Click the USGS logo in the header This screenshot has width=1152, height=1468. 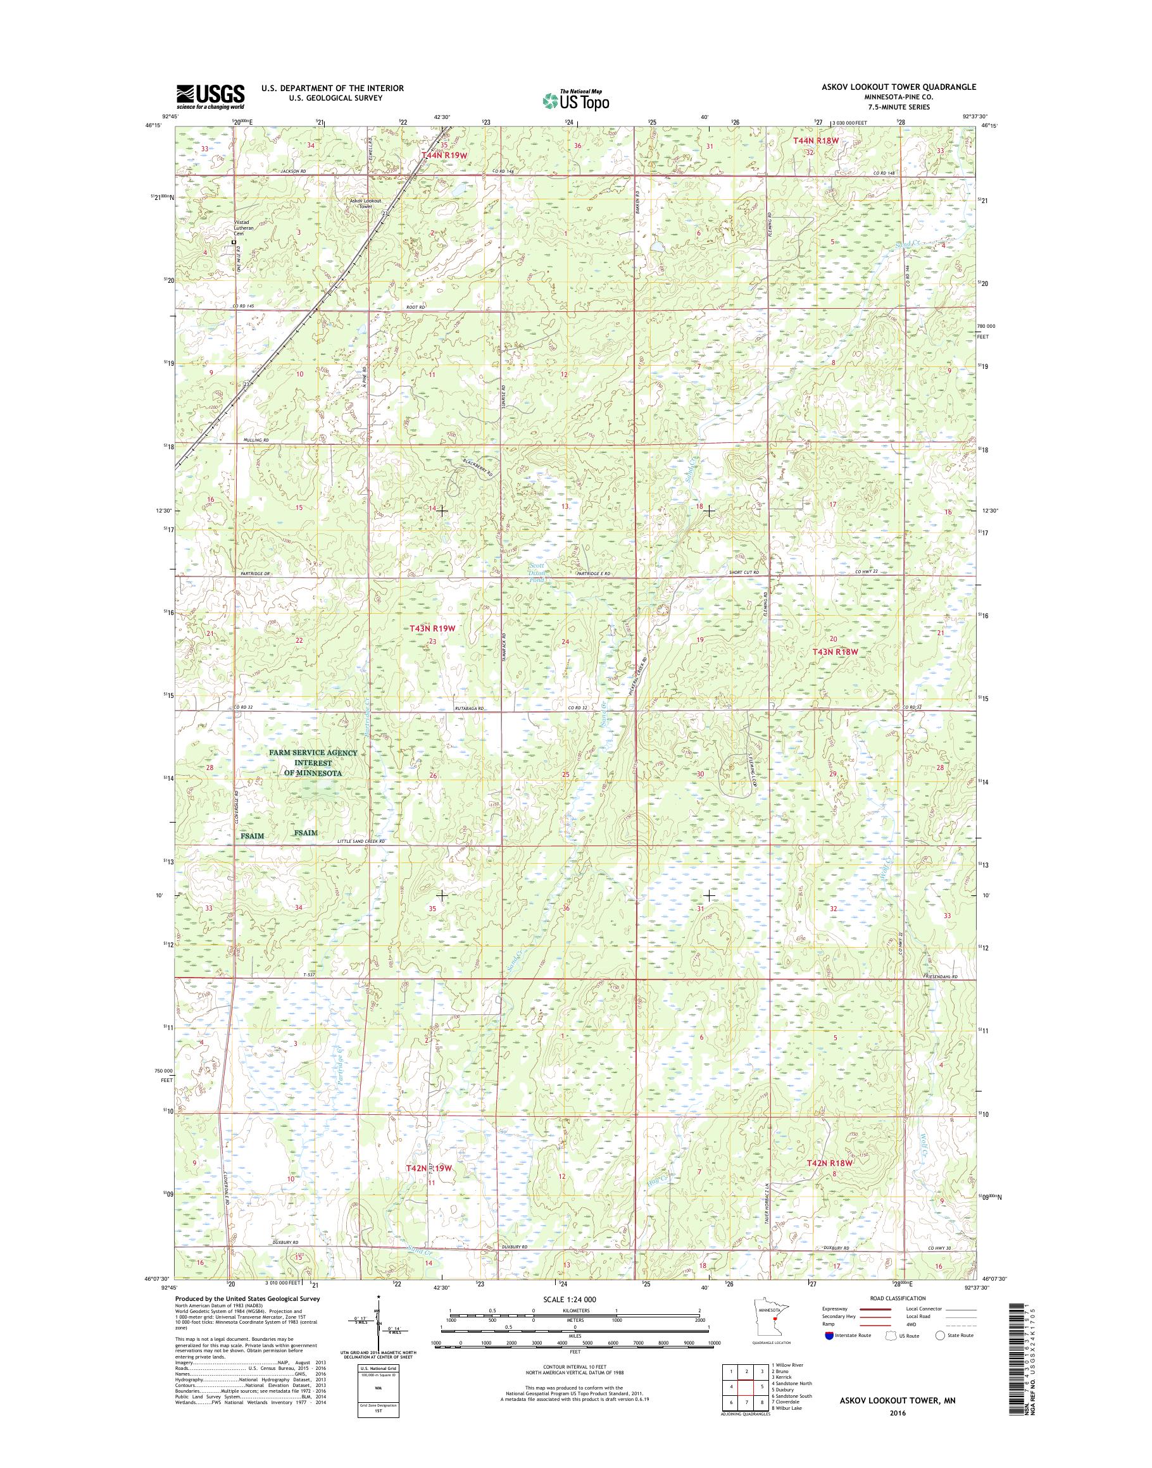click(210, 97)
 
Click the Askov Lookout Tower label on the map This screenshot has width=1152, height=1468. click(366, 204)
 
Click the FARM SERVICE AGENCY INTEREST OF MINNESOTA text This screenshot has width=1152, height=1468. click(311, 762)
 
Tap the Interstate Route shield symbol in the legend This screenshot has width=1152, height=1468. click(829, 1354)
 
